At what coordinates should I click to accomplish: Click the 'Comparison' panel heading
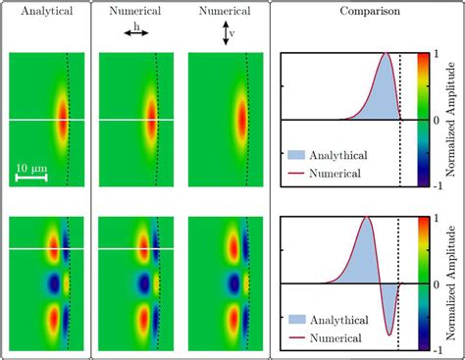(363, 11)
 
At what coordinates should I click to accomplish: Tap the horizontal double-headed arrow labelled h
(135, 32)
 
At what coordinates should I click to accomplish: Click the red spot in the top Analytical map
(62, 120)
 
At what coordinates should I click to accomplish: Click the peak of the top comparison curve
(387, 54)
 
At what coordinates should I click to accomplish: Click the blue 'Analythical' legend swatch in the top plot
(300, 155)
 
